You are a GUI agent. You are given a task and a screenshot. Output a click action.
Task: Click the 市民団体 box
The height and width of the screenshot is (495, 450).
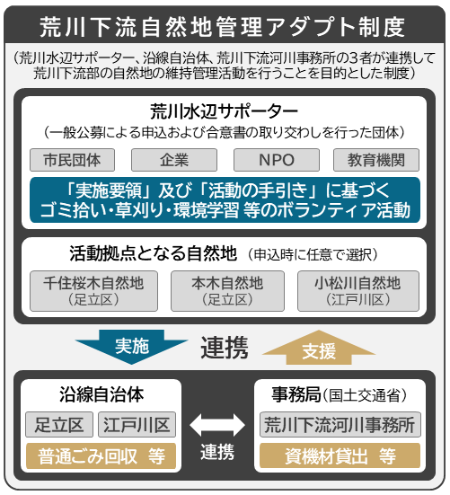point(72,160)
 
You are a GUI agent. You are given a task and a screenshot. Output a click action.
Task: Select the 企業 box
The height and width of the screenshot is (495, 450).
point(174,160)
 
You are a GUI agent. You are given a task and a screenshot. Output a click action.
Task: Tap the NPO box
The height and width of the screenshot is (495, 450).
point(277,160)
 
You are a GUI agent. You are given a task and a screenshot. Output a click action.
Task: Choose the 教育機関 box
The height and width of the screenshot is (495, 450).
point(376,160)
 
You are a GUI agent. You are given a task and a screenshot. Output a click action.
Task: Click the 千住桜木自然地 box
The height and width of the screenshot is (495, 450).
point(93,291)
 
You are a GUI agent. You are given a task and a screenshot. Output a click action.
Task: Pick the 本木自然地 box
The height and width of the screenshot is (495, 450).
point(227,291)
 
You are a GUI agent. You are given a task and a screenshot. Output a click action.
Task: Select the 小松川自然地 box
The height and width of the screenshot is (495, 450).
point(358,291)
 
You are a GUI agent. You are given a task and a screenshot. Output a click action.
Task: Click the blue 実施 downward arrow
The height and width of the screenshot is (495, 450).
point(132,347)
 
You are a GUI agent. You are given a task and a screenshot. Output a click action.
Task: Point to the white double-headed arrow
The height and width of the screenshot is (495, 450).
point(217,425)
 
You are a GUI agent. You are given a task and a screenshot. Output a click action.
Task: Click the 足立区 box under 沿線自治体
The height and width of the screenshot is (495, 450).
point(59,424)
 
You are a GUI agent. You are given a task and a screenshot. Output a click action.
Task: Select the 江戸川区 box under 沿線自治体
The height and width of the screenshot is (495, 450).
point(137,424)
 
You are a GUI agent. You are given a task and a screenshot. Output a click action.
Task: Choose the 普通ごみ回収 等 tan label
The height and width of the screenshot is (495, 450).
point(101,455)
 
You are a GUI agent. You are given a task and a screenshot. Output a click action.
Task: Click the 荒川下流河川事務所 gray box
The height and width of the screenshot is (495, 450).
point(340,424)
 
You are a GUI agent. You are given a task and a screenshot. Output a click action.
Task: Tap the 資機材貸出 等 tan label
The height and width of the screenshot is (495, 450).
point(340,455)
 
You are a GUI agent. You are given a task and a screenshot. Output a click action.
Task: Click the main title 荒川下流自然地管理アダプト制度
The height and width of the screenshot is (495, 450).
point(222,27)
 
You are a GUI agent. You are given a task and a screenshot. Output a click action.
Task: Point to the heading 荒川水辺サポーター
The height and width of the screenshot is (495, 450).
point(224,111)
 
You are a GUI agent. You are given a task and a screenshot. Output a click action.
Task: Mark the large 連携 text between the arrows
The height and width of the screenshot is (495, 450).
point(225,348)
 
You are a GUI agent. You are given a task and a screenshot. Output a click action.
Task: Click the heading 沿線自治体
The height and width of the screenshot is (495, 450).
point(101,394)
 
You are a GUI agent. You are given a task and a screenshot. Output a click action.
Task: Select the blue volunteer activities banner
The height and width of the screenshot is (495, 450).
point(225,199)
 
